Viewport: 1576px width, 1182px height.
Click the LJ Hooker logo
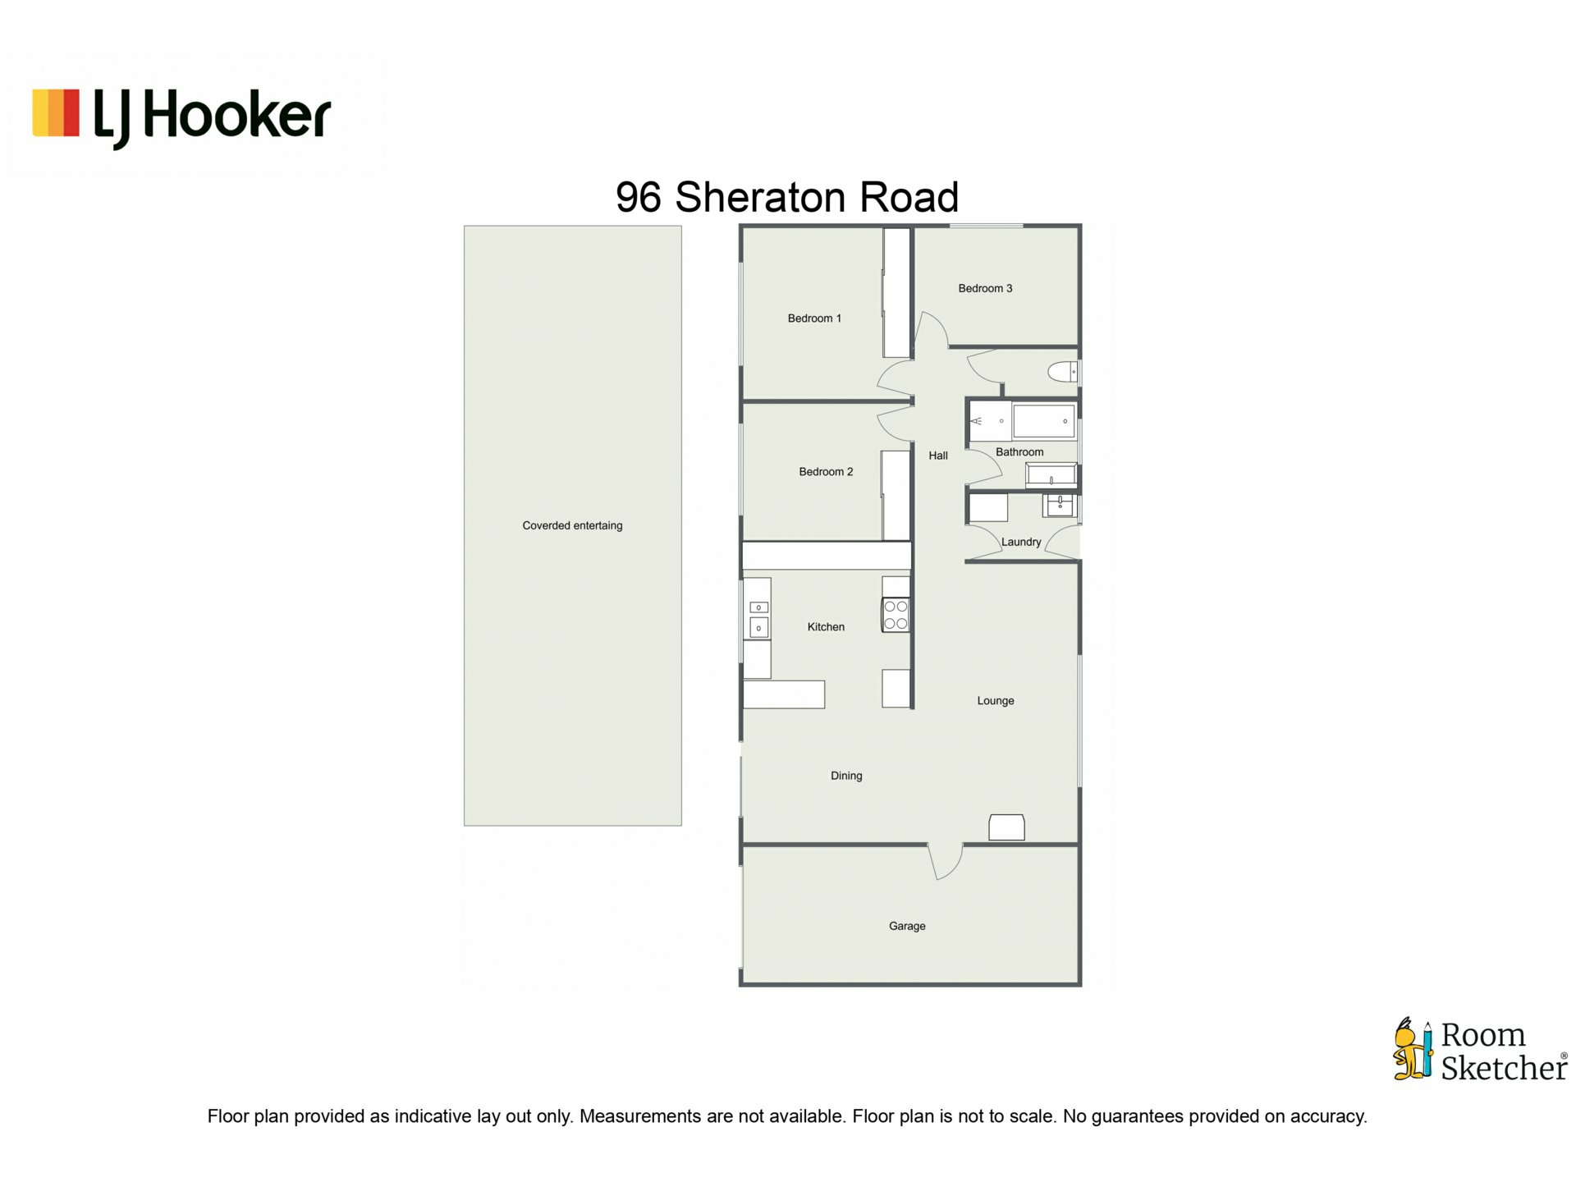181,117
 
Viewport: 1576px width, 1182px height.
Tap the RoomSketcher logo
1480,1050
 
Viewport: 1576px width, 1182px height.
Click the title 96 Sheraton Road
787,197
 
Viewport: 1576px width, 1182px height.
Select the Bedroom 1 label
814,318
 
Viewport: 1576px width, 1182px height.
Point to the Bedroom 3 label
985,288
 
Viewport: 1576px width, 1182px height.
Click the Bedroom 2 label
826,472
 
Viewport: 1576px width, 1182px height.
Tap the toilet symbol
1063,372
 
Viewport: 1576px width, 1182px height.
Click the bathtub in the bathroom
1043,421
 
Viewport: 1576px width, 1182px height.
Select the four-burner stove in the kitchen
896,615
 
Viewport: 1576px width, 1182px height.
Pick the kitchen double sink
758,618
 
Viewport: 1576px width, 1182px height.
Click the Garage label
907,926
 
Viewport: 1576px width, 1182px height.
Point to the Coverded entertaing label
572,525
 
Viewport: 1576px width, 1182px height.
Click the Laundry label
1021,542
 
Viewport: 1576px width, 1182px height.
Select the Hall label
938,456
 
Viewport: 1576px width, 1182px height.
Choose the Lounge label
996,701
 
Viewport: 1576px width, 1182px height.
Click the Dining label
846,776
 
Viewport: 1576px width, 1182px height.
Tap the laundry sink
1059,505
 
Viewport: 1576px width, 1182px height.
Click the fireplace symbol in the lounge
1006,827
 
